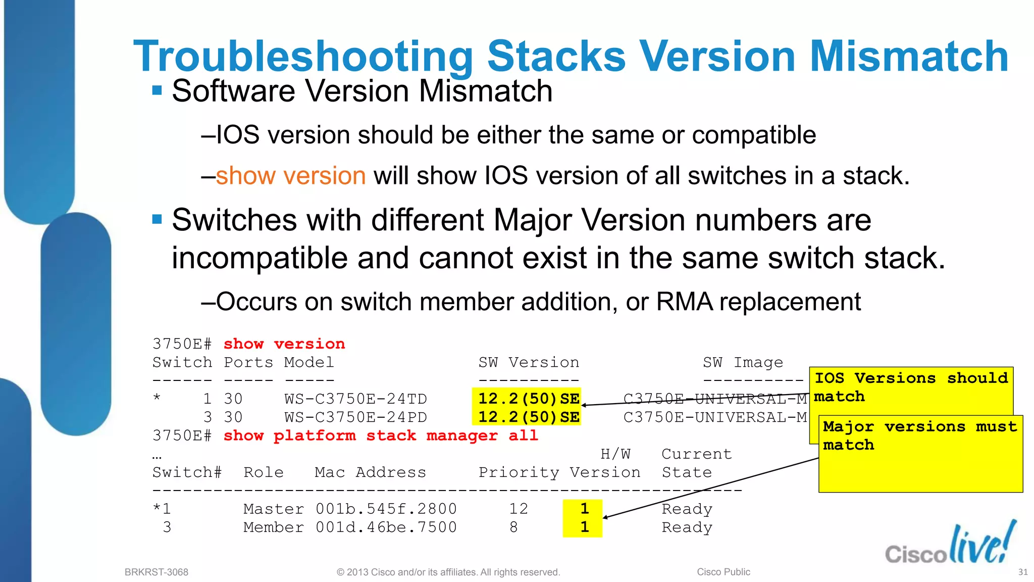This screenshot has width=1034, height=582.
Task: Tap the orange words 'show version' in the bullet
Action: [291, 176]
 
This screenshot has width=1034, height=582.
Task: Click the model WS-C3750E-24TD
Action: [355, 399]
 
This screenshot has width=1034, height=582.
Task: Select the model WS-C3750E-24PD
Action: [355, 417]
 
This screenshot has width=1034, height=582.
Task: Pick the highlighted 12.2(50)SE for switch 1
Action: [529, 399]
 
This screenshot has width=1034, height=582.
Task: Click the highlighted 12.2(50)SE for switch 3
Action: [529, 417]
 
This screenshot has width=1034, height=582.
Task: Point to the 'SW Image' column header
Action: [743, 362]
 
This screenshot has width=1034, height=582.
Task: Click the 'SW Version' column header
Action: [529, 362]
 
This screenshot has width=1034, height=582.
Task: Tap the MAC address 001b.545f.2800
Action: [386, 509]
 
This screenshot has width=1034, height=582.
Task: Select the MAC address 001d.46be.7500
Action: [386, 527]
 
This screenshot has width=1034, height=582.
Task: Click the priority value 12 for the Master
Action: [519, 509]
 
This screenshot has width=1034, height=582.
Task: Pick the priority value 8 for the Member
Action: [513, 527]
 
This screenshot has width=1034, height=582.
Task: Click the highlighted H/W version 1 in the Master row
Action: [584, 508]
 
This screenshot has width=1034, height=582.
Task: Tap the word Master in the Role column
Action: [273, 509]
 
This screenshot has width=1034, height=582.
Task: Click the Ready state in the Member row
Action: [687, 527]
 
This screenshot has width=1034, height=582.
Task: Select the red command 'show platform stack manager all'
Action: [381, 435]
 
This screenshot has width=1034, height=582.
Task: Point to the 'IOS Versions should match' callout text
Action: [911, 387]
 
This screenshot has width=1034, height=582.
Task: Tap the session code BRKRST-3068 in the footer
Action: [157, 572]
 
